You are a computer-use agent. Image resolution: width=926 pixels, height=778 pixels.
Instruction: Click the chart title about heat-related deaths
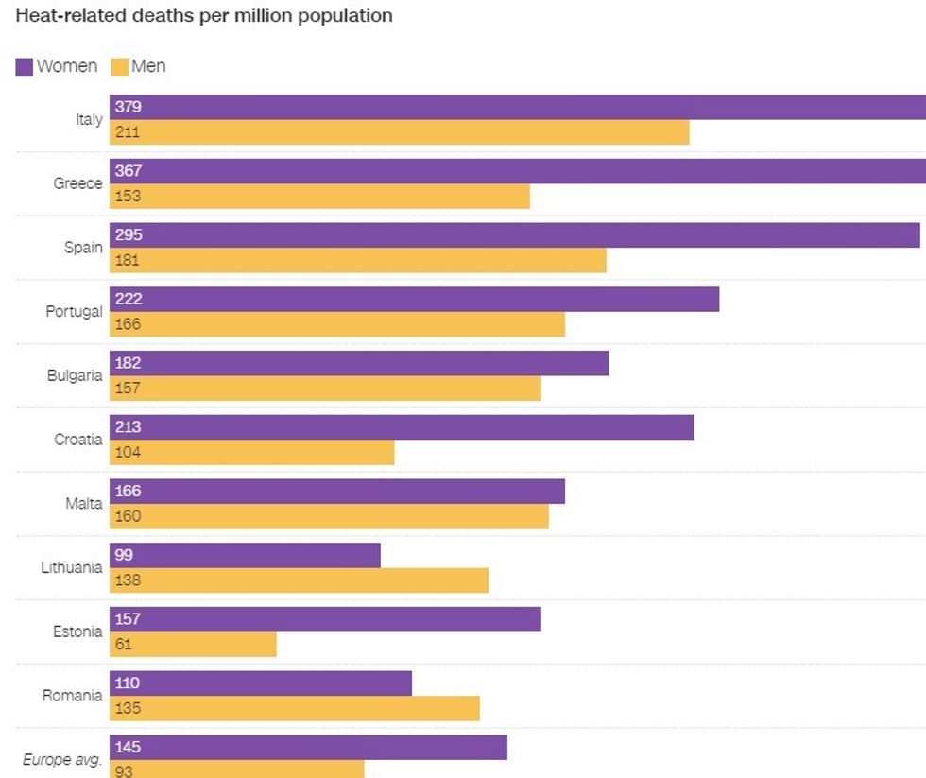(204, 17)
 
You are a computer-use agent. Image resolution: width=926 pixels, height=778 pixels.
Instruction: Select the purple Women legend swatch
(25, 66)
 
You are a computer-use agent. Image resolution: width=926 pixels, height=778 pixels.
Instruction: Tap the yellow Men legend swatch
(119, 66)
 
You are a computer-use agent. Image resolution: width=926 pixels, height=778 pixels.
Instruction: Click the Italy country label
(89, 119)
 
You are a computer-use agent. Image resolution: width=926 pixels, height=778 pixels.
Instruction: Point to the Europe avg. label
(62, 759)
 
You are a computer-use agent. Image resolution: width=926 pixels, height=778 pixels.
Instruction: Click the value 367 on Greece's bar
(128, 171)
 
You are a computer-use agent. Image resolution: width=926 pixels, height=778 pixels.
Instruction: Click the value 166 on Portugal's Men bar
(128, 324)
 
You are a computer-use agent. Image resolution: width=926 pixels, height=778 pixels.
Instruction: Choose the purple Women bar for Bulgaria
(359, 363)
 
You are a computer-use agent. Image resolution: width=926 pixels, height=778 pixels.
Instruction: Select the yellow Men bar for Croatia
(251, 452)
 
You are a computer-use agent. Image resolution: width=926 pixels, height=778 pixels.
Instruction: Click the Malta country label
(83, 503)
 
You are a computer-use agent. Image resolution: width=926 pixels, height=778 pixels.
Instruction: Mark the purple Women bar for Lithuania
(245, 555)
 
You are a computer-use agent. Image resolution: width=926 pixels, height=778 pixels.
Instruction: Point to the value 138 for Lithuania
(128, 580)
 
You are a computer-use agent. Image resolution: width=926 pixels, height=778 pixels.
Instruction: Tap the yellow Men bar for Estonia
(193, 645)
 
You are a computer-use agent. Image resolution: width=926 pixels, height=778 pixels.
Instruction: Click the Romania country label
(72, 695)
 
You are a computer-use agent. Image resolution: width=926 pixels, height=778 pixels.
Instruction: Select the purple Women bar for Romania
(261, 683)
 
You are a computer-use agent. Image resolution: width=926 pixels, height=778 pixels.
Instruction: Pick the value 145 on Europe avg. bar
(128, 747)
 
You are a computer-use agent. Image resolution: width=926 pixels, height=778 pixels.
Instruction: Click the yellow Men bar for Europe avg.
(236, 769)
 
